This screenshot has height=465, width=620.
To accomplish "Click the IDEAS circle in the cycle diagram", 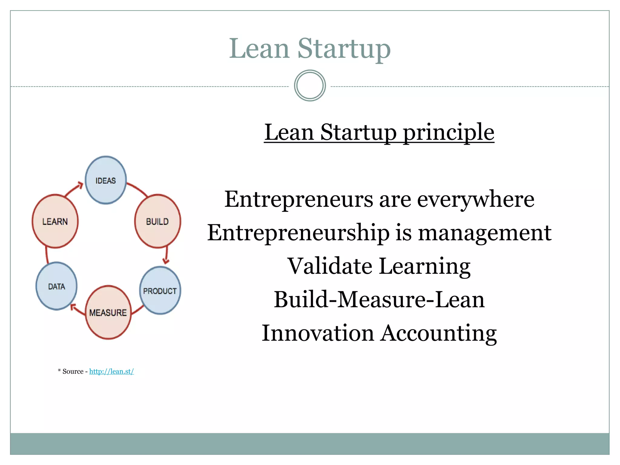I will coord(106,180).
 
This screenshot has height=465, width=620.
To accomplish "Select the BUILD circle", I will coord(157,221).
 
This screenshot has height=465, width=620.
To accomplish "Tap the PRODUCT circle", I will coord(160,291).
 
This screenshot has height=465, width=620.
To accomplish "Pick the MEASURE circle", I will coord(108,312).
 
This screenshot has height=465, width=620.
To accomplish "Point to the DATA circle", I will coord(57,286).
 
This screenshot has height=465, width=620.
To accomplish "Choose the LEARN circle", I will coord(55,221).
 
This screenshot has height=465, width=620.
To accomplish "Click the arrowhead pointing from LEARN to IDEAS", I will coord(80,185).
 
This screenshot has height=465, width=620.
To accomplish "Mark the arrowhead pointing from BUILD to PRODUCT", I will coord(166,261).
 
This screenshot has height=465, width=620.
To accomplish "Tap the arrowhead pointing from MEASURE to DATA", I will coord(73,307).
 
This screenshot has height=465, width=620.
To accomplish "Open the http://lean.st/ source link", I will coord(111,371).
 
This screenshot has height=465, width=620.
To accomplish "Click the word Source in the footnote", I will coord(73,371).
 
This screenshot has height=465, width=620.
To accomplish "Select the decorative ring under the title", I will coord(310,86).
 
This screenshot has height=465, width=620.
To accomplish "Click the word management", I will coord(484,233).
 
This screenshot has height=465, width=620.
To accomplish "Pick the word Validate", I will coord(330,266).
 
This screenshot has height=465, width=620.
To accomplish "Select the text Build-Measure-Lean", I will coord(379,299).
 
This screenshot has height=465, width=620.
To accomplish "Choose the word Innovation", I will coord(318,333).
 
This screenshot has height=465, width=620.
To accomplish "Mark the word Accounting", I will coord(439,333).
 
